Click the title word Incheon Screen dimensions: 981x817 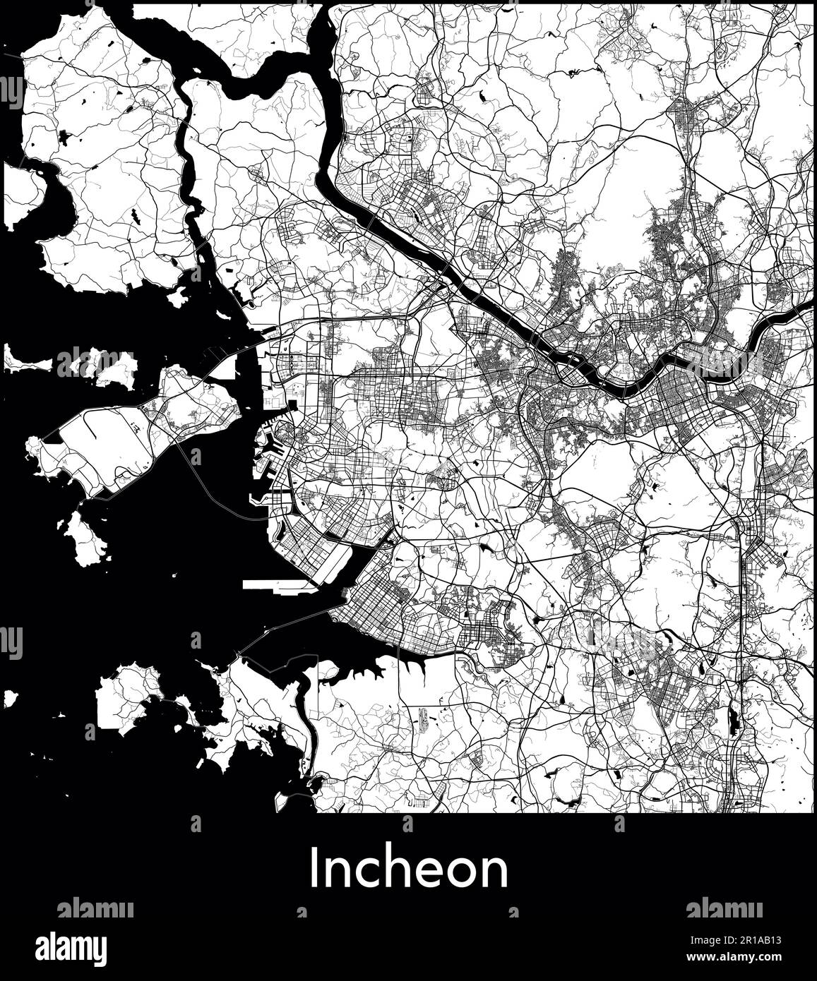408,869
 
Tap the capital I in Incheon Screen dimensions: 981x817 314,869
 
